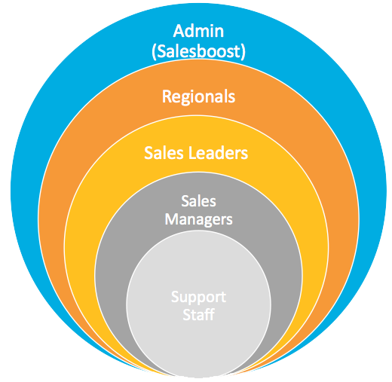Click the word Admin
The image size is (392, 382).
[x=198, y=31]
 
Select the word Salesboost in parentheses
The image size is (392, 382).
[x=198, y=51]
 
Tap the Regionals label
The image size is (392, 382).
[x=198, y=97]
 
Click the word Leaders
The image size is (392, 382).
[x=218, y=153]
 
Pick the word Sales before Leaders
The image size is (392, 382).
[x=164, y=153]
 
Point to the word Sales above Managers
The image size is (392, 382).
[x=198, y=201]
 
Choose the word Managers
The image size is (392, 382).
[x=198, y=220]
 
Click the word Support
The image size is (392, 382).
[x=198, y=298]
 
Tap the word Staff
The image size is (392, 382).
[x=198, y=314]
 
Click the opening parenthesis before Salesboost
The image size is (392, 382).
[x=154, y=52]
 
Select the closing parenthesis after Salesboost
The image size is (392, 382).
[x=243, y=52]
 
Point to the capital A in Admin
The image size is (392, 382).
[x=179, y=31]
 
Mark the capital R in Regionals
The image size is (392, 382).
[x=167, y=96]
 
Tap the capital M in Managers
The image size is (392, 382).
[x=172, y=219]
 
